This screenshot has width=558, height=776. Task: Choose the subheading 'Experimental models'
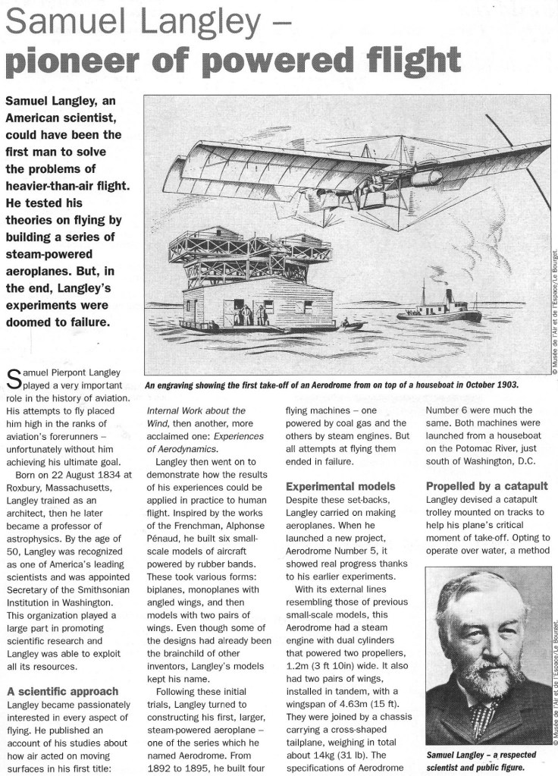(340, 485)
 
